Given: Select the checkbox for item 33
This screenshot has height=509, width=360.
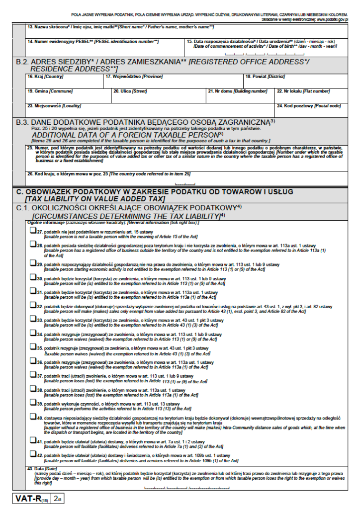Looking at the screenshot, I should coord(32,320).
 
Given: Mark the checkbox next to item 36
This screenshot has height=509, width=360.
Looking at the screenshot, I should coord(32,361).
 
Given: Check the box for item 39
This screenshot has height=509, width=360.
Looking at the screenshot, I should coord(32,403).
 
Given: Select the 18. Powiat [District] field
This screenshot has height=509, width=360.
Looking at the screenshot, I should coord(296,81).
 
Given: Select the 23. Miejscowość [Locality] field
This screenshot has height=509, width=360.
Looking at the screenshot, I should coord(149,109).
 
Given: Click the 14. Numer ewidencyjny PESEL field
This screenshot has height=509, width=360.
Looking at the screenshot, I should coord(104,46).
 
